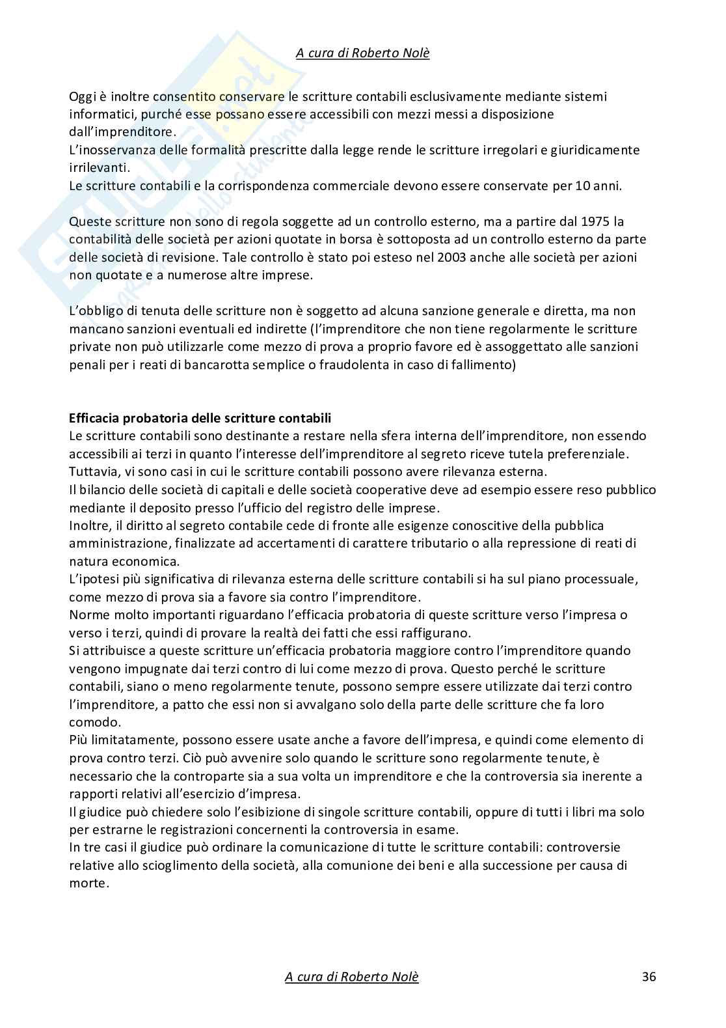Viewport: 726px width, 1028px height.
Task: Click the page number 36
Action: coord(649,977)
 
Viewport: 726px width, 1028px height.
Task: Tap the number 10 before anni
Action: coord(583,186)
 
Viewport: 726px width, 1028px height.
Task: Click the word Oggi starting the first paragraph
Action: coord(82,96)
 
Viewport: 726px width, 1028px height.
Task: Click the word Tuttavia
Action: coord(92,471)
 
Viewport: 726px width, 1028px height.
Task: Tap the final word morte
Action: coord(87,883)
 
